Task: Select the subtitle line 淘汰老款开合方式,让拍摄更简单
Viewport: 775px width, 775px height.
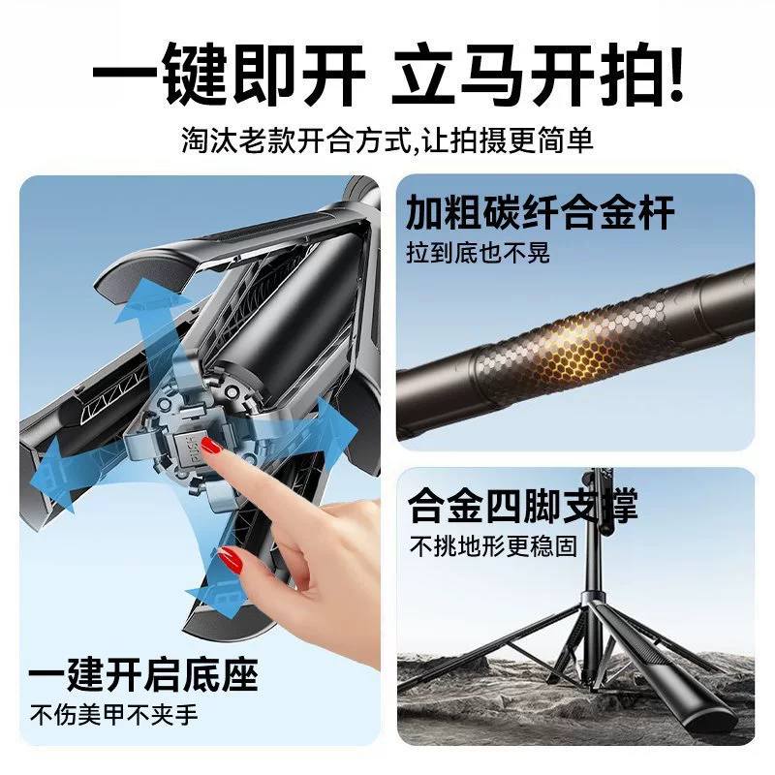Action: click(x=387, y=140)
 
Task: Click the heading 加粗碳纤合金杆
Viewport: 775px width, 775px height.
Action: click(x=540, y=212)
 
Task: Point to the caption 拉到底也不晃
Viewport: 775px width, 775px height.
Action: click(x=478, y=253)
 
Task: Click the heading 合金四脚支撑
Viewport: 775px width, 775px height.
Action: click(x=523, y=505)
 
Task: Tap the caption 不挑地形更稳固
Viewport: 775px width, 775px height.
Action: click(x=493, y=546)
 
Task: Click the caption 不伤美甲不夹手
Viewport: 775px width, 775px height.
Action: click(x=113, y=715)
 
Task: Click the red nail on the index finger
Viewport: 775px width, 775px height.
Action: click(x=211, y=447)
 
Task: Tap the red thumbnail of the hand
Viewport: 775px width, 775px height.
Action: click(x=231, y=559)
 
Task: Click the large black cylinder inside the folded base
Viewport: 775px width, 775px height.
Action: click(x=277, y=317)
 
